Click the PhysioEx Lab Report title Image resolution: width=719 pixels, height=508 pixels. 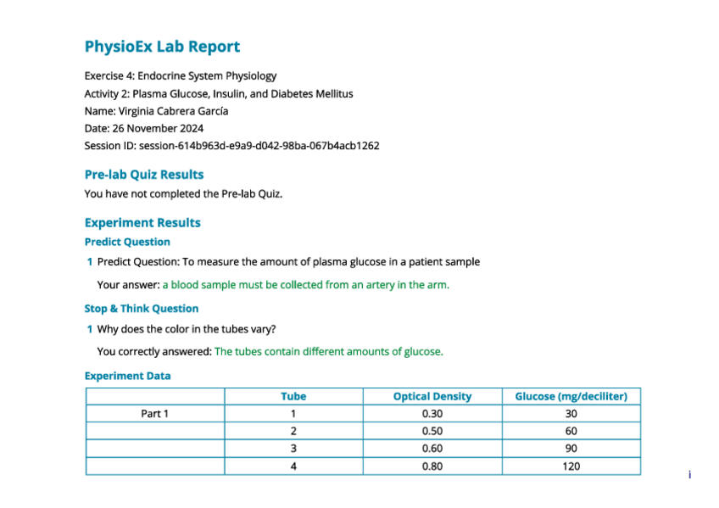pyautogui.click(x=162, y=47)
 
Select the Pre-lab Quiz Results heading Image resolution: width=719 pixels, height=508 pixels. pyautogui.click(x=144, y=175)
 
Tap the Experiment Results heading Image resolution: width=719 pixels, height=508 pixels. pyautogui.click(x=142, y=223)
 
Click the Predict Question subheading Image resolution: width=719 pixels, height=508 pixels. pyautogui.click(x=127, y=242)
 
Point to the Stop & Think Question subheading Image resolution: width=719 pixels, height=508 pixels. pyautogui.click(x=142, y=309)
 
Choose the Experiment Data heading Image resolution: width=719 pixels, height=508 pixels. pyautogui.click(x=127, y=376)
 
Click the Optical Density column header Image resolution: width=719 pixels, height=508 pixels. pyautogui.click(x=432, y=396)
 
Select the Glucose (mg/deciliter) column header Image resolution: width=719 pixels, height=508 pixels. pyautogui.click(x=571, y=396)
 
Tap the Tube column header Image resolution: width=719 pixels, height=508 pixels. pyautogui.click(x=293, y=396)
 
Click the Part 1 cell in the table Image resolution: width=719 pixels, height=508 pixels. pyautogui.click(x=155, y=414)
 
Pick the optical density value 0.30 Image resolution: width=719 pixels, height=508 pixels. pyautogui.click(x=432, y=414)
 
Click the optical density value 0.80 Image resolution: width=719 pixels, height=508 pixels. pyautogui.click(x=432, y=466)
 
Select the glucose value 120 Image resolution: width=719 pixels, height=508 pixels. pyautogui.click(x=571, y=466)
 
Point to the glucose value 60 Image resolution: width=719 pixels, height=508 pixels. pyautogui.click(x=571, y=431)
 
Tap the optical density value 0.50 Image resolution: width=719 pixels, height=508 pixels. pyautogui.click(x=432, y=431)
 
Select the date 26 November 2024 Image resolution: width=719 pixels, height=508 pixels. pyautogui.click(x=157, y=128)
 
